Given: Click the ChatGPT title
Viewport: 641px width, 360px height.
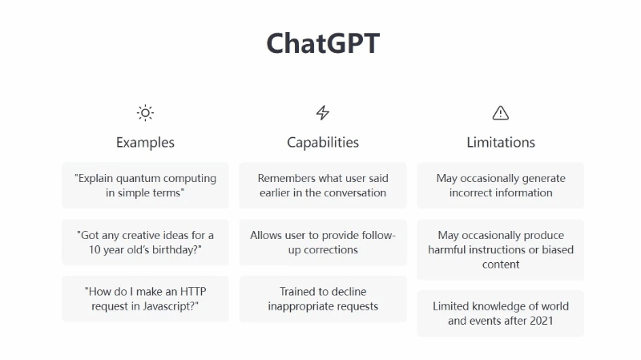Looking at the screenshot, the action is click(x=323, y=43).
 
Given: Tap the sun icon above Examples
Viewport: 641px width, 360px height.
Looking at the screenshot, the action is click(x=145, y=113).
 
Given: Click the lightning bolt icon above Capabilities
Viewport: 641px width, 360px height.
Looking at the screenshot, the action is click(x=323, y=113).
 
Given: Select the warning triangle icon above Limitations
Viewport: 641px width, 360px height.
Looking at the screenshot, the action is click(x=501, y=113).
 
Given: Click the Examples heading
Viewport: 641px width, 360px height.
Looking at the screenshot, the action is click(x=145, y=143).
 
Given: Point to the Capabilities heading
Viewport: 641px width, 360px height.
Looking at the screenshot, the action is click(x=323, y=143).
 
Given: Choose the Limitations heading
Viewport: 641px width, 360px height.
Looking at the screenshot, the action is click(x=501, y=143).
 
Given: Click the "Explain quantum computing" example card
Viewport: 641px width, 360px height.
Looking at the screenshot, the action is click(x=145, y=185).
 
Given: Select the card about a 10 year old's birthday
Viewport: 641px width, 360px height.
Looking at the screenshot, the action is click(x=145, y=242).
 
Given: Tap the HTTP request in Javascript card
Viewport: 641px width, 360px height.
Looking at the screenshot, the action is click(x=145, y=298).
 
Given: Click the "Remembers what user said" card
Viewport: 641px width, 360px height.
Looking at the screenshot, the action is click(x=323, y=185).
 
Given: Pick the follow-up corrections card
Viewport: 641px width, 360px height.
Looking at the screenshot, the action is click(x=323, y=242).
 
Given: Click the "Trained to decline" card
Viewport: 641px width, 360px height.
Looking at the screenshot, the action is click(x=323, y=298).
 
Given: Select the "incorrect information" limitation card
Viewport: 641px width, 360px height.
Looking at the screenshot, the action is click(x=501, y=185).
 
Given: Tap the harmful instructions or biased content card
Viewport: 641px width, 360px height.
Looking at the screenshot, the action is click(x=501, y=249).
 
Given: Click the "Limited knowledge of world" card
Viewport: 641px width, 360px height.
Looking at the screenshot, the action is click(x=501, y=313).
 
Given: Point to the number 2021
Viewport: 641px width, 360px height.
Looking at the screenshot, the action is click(x=541, y=321).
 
